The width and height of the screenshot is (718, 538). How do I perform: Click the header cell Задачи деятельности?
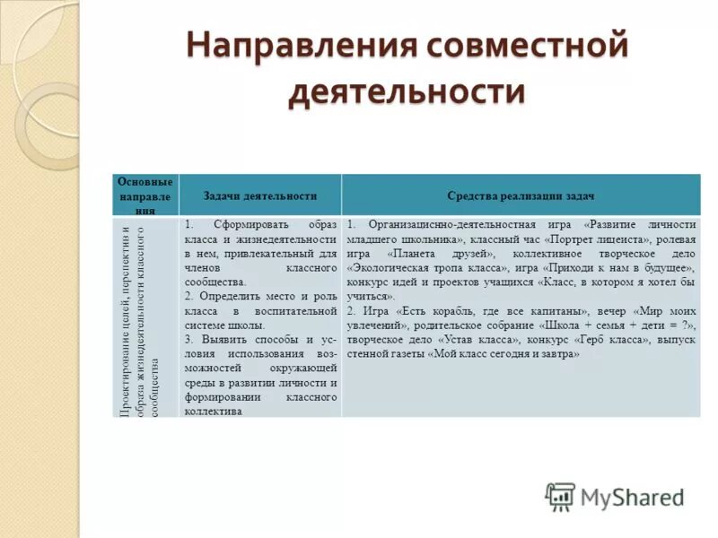tap(260, 195)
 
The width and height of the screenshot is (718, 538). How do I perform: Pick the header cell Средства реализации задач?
tap(521, 195)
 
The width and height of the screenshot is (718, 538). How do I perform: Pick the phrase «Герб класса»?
tap(622, 340)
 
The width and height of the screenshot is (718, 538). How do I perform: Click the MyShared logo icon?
tap(561, 497)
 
